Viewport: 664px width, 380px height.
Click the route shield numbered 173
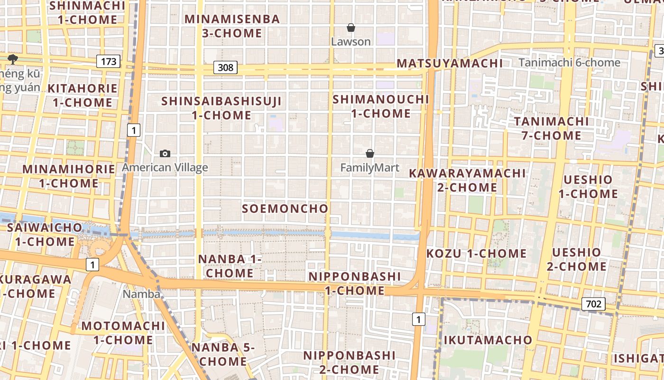pos(108,61)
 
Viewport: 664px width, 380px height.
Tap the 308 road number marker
pos(225,67)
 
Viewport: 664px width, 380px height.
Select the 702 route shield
pos(593,304)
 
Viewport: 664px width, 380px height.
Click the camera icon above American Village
pos(165,153)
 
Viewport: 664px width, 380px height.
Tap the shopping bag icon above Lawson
pos(351,28)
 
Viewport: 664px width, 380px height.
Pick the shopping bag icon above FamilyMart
pos(370,153)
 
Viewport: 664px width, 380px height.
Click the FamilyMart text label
pos(370,168)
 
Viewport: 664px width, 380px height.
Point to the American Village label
pos(165,167)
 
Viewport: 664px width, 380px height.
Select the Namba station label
pos(141,294)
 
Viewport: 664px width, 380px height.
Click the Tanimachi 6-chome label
pos(569,62)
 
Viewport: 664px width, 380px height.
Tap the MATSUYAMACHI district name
pos(450,63)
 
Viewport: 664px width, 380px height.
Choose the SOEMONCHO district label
pos(285,209)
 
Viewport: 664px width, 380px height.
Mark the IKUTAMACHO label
pos(488,340)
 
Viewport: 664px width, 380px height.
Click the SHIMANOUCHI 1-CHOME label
pos(381,106)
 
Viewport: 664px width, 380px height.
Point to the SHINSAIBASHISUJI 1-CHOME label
pos(221,108)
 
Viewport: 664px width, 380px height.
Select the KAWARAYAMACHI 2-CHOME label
pos(467,180)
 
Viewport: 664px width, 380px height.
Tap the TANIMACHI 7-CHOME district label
pos(552,128)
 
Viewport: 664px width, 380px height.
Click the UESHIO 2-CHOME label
pos(576,259)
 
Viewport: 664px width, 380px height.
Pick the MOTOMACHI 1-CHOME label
pos(123,333)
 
